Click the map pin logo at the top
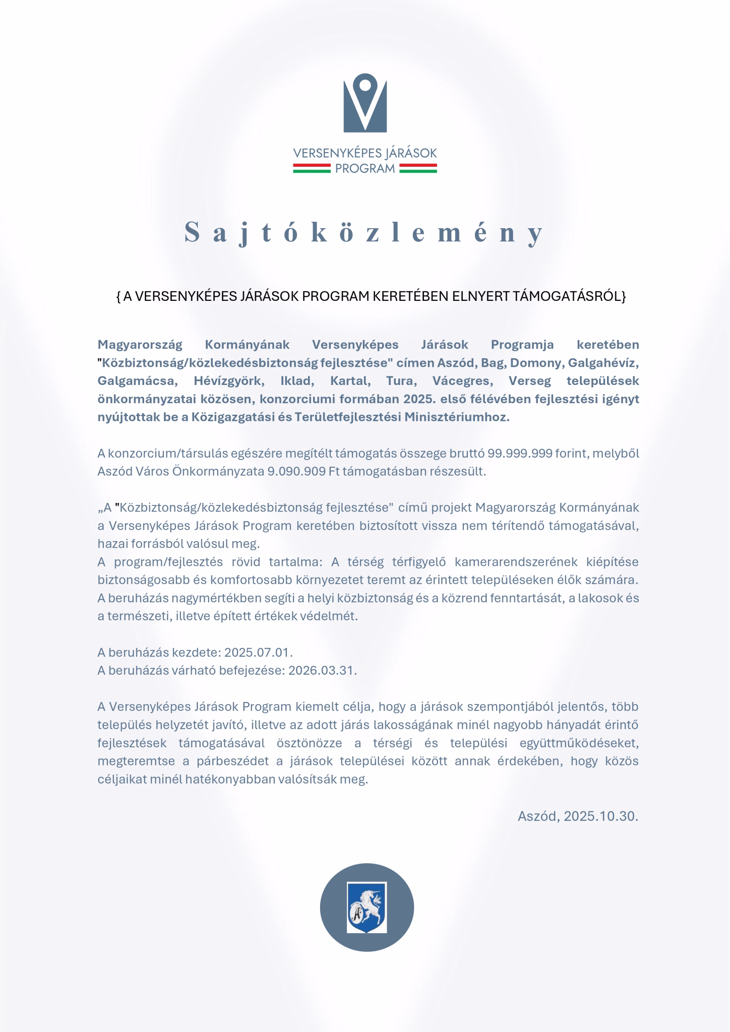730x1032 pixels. pos(365,104)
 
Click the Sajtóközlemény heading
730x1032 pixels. pos(364,232)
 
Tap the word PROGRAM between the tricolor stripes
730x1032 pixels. pos(365,169)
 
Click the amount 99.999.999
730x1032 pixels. pos(520,454)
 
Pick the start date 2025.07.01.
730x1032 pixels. pos(258,653)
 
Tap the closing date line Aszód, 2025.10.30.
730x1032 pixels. pos(578,816)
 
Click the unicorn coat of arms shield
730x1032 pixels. pos(367,908)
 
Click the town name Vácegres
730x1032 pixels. pos(459,381)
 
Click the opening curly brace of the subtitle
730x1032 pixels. pos(118,296)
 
